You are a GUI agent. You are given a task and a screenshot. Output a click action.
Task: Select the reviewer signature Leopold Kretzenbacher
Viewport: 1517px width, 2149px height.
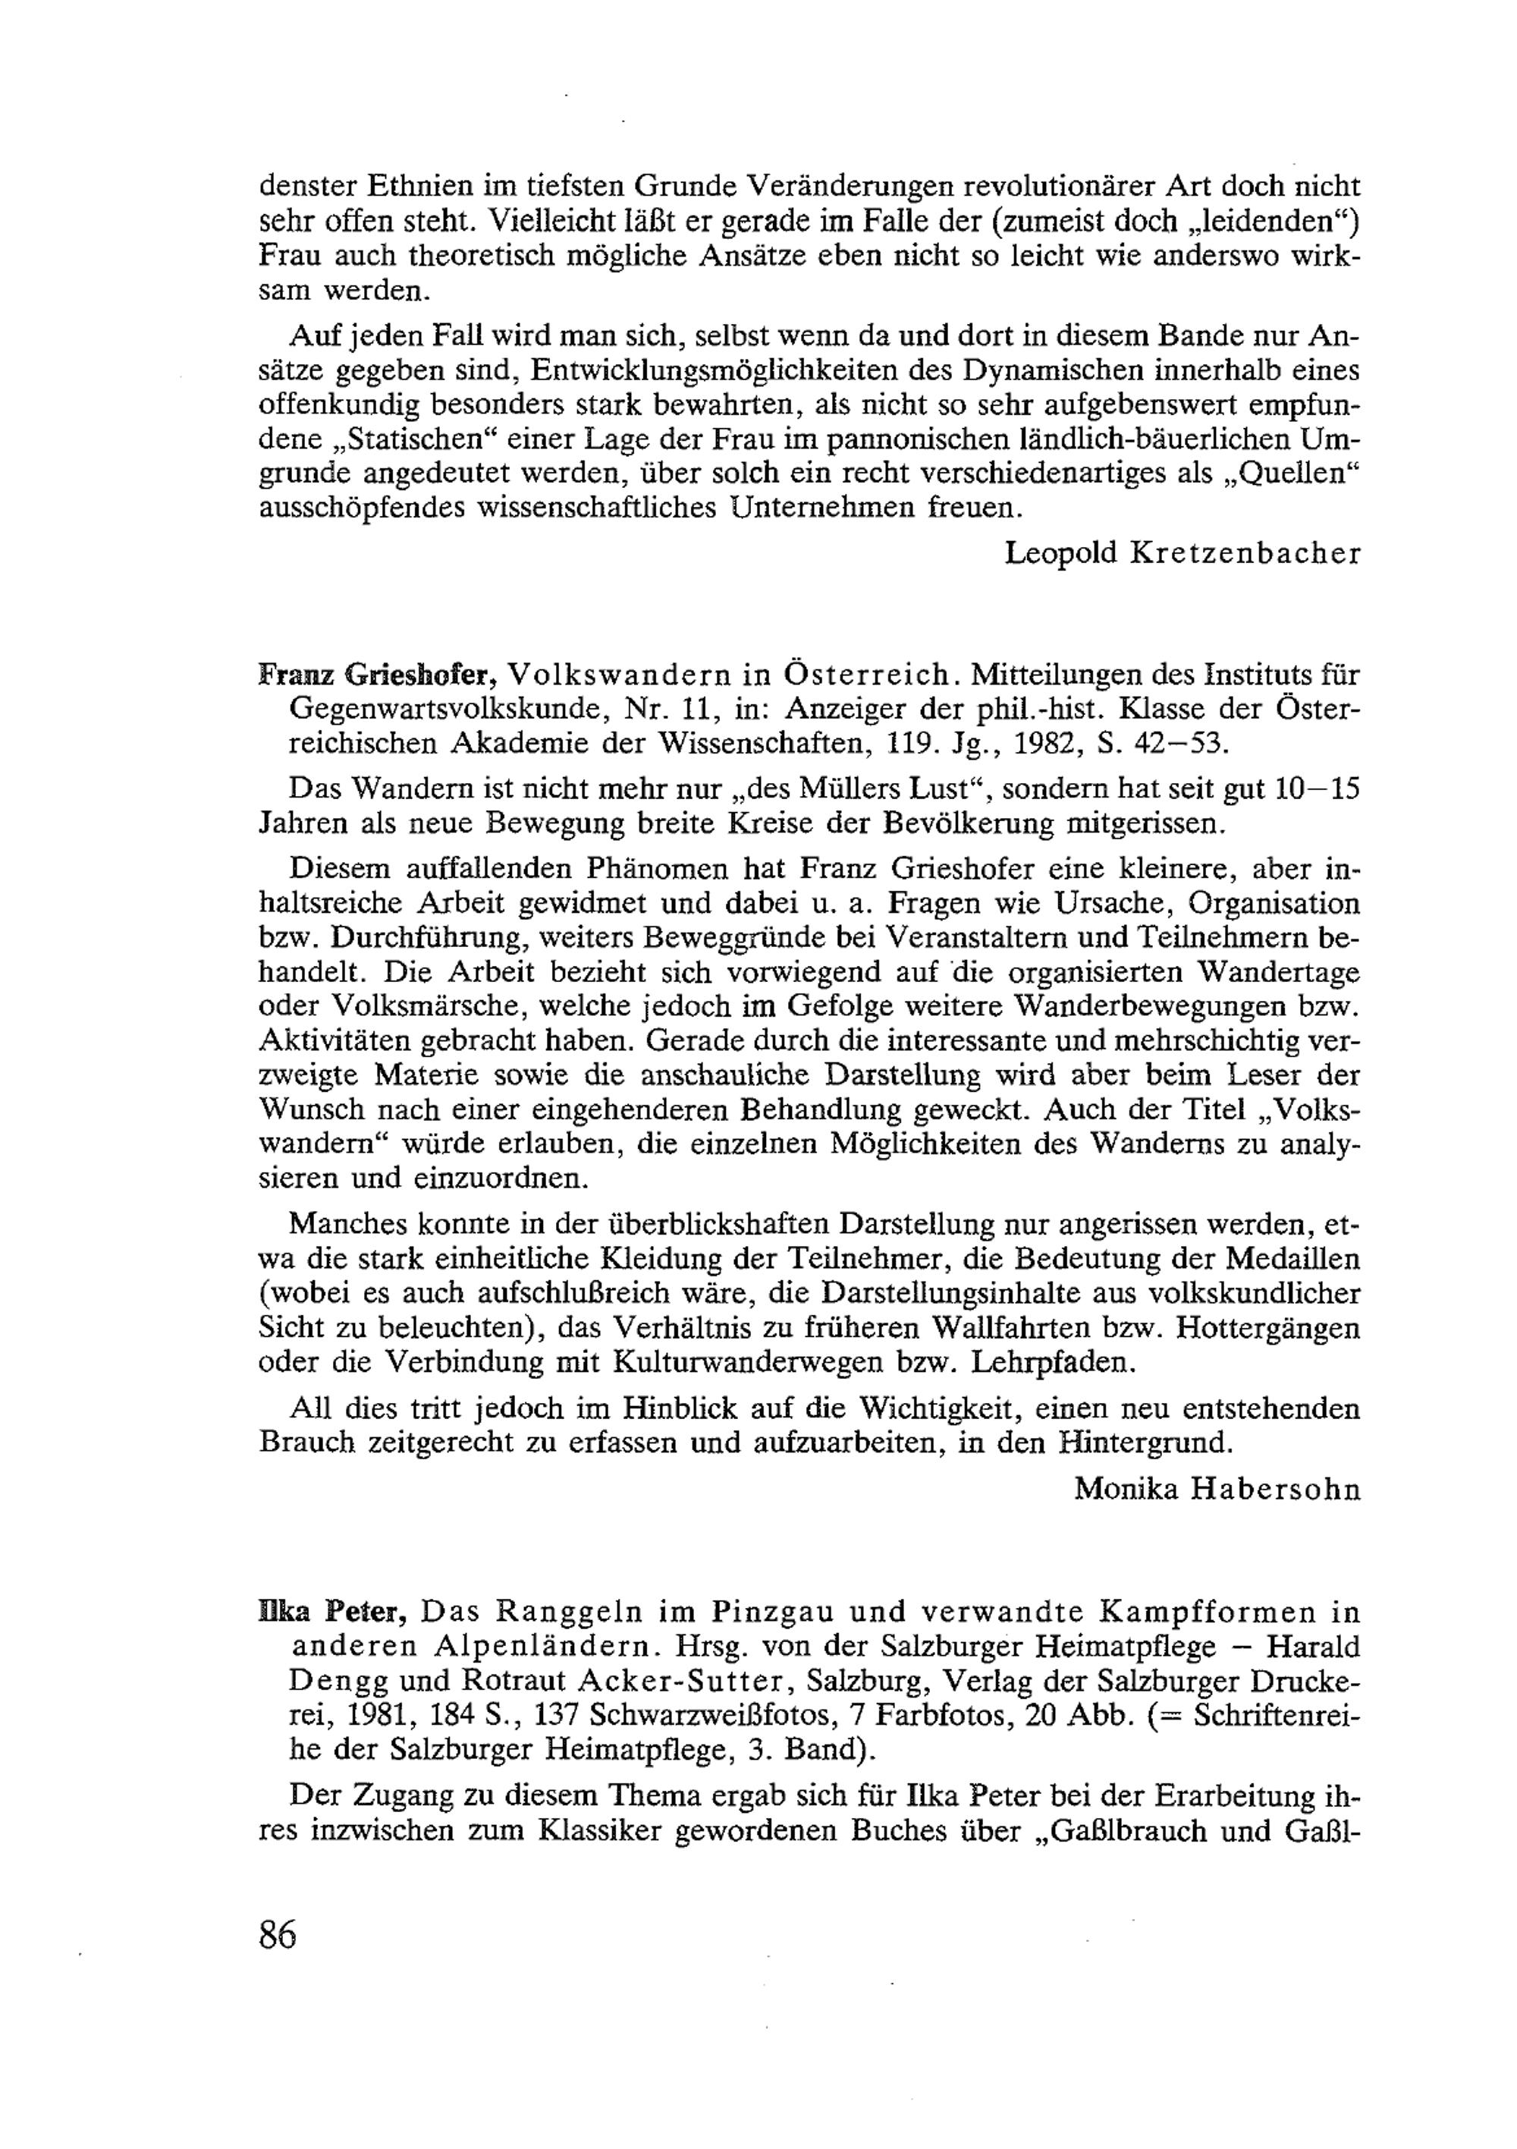(x=1182, y=553)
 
